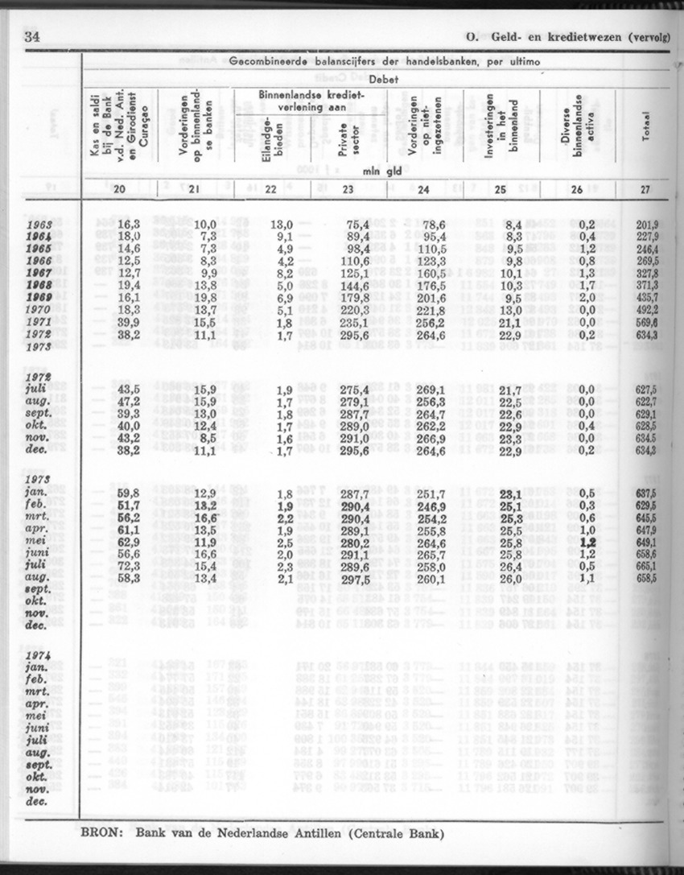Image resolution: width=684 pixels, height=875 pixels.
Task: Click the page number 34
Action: tap(32, 37)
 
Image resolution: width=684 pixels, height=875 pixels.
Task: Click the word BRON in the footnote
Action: tap(98, 834)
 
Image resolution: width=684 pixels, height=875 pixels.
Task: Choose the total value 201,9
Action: tap(647, 224)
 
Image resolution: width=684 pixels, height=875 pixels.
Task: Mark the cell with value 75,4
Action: tap(357, 224)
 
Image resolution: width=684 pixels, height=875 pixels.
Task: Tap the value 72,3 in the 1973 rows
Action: tap(130, 567)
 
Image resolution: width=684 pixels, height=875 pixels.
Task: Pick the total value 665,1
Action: tap(647, 567)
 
